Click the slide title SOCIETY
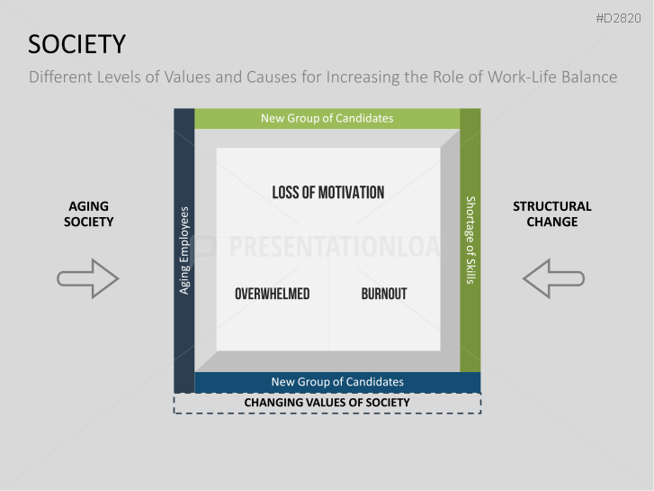pos(76,44)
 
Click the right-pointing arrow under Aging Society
pos(87,278)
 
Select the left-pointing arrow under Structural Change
pos(552,278)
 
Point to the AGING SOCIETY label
pos(88,214)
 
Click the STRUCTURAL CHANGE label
pos(552,214)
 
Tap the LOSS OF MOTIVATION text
pos(327,192)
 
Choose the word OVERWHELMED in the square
pos(272,294)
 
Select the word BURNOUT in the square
pos(384,294)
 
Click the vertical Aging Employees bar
pos(184,250)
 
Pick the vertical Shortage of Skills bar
pos(470,240)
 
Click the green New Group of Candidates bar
pos(327,118)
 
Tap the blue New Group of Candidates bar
pos(337,382)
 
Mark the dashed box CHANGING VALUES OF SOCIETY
pos(327,403)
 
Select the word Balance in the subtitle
pos(586,77)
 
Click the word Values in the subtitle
pos(184,77)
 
